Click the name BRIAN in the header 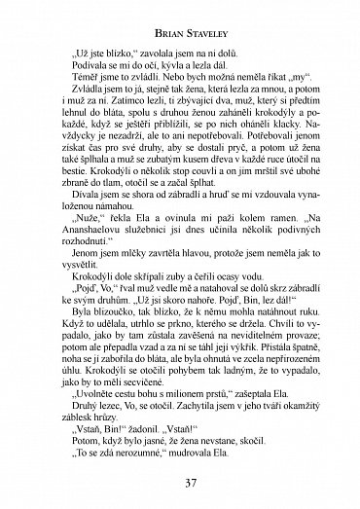coord(152,17)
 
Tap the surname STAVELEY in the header coord(201,17)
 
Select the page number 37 coord(179,487)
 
